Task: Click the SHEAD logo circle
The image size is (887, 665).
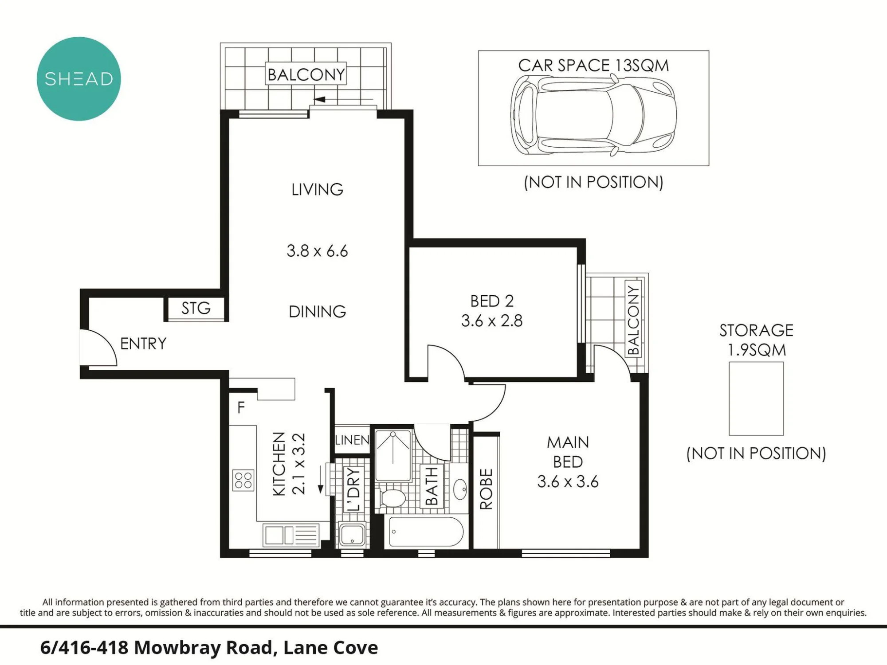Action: (78, 78)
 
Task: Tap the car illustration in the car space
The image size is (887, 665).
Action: (593, 115)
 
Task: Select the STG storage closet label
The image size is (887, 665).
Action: (196, 308)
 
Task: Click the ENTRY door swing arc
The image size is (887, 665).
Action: (106, 342)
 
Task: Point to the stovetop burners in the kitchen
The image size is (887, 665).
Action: (243, 480)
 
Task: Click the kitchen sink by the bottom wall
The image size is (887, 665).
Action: (291, 535)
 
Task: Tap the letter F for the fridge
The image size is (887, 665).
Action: (241, 407)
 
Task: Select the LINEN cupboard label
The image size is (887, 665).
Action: (352, 440)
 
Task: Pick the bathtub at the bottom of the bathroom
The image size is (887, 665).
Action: (426, 532)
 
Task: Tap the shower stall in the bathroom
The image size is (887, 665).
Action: (393, 455)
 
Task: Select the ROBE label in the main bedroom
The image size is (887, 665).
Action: (486, 489)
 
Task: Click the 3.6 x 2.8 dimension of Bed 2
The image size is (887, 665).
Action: (492, 321)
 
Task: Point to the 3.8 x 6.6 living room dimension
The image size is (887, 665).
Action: (317, 251)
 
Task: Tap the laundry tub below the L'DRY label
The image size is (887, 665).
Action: (352, 535)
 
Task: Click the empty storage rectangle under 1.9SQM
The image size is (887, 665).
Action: (756, 399)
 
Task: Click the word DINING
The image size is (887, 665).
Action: (317, 312)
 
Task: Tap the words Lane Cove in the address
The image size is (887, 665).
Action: (330, 648)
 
